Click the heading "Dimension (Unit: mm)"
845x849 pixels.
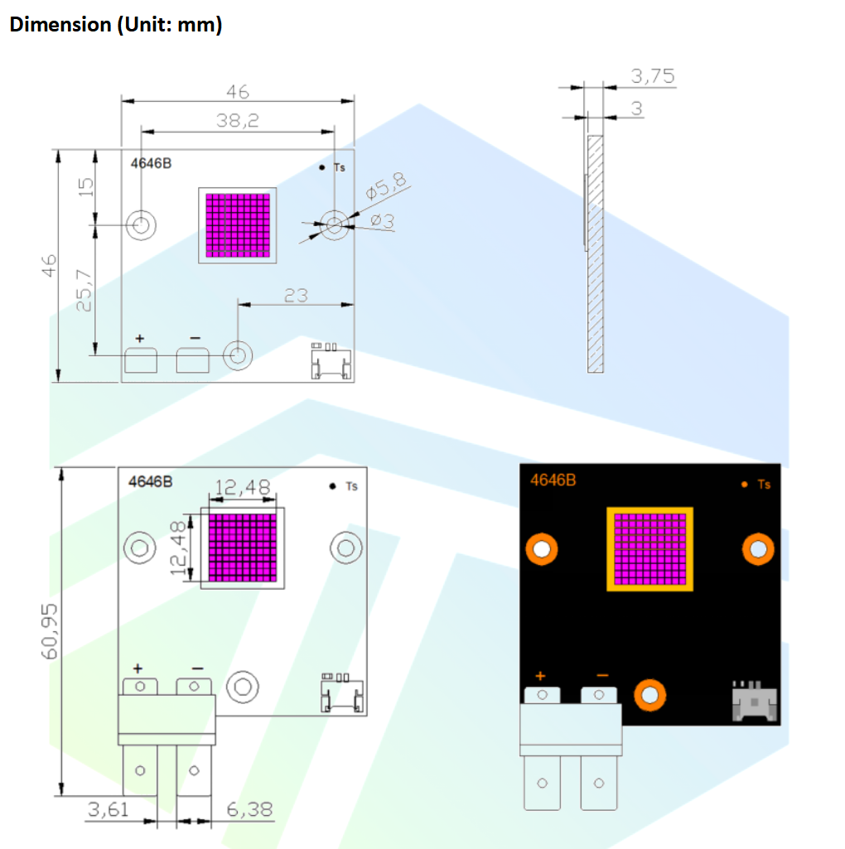coord(115,25)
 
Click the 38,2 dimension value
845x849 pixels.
coord(238,120)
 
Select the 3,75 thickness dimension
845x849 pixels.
coord(653,77)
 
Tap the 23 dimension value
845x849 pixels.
coord(296,294)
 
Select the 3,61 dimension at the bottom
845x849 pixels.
coord(109,809)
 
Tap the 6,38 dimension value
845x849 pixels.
coord(249,809)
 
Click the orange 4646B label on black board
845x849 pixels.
coord(553,480)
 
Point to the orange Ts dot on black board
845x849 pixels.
coord(744,484)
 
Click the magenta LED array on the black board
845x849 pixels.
coord(650,548)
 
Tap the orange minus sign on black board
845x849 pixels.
coord(601,675)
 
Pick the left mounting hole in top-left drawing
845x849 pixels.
coord(142,224)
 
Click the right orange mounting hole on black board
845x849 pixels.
coord(757,548)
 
